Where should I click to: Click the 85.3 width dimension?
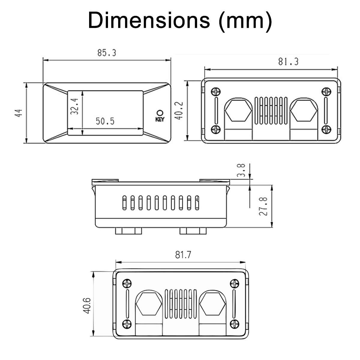coord(107,53)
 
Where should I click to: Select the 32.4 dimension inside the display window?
coord(74,106)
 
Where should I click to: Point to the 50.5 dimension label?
coord(105,121)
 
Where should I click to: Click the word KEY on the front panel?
coord(160,119)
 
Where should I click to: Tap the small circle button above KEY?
coord(160,113)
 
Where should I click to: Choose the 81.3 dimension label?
coord(288,62)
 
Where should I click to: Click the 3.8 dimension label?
coord(241,170)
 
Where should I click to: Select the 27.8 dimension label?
coord(263,206)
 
